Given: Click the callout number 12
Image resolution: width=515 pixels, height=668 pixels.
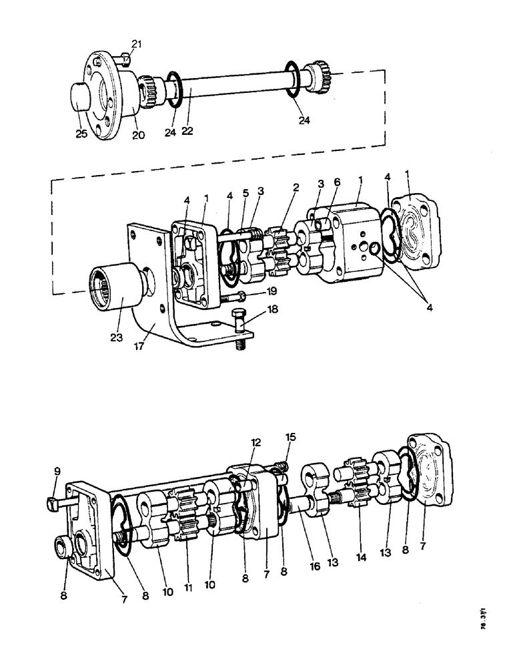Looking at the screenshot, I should [x=255, y=442].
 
